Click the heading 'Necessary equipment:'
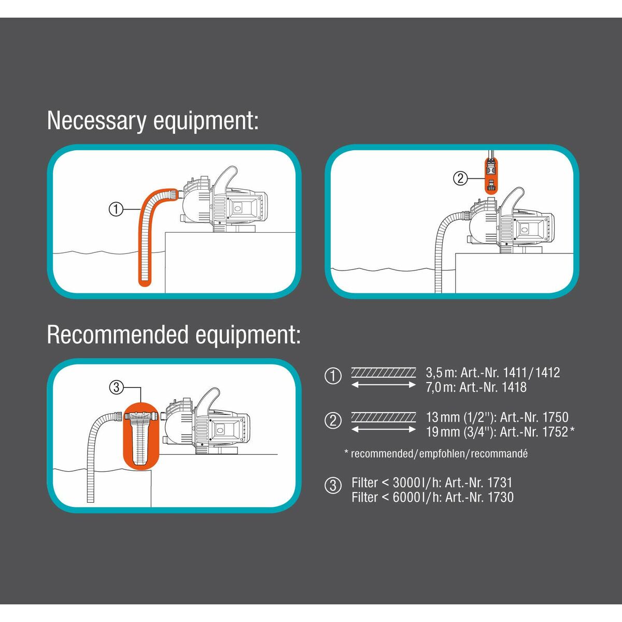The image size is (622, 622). [152, 121]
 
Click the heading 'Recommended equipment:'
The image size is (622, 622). [174, 335]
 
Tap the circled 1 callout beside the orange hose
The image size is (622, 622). [116, 209]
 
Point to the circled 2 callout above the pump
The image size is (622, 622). [460, 179]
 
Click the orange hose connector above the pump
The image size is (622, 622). [490, 176]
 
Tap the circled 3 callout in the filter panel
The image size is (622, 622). [116, 387]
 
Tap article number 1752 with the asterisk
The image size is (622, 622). [559, 432]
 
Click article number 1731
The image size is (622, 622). [500, 483]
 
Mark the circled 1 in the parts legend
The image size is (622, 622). [333, 376]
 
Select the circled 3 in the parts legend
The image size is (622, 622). [333, 486]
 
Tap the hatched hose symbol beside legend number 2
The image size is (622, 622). [384, 417]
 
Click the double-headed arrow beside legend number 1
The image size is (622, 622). [384, 385]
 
